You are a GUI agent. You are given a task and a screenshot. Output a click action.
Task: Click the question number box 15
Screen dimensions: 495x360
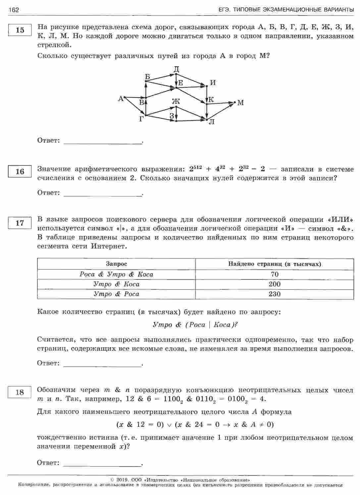tap(20, 30)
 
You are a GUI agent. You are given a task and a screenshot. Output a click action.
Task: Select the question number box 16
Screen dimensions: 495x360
tap(20, 171)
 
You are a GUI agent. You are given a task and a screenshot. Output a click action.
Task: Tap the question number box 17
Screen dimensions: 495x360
tap(20, 223)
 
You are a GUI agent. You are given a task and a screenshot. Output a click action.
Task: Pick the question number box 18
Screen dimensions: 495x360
tap(20, 392)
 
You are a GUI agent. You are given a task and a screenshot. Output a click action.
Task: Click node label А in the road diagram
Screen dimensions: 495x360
tap(121, 98)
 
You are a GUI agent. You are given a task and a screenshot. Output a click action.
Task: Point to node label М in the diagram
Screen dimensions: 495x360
tap(241, 103)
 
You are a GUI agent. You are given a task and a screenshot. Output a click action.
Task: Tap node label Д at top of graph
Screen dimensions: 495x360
tap(176, 69)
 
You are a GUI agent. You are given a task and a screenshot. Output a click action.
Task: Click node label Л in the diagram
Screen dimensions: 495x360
tap(212, 122)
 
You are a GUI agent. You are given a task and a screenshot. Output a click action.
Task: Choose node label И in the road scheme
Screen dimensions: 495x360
tap(213, 82)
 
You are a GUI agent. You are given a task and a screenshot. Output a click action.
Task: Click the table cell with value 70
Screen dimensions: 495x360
tap(275, 274)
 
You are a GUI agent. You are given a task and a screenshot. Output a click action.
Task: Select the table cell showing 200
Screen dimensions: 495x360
tap(275, 284)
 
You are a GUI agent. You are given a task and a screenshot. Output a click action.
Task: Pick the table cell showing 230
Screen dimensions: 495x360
tap(275, 294)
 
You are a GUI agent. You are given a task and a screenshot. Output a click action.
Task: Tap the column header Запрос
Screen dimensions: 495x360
tap(116, 264)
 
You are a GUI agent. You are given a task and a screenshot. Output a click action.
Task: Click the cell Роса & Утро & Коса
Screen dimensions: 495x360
tap(116, 274)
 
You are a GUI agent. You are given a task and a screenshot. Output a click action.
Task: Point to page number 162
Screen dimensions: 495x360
tap(14, 10)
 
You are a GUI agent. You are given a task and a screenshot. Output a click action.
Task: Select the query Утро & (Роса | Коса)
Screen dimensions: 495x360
tap(195, 325)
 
